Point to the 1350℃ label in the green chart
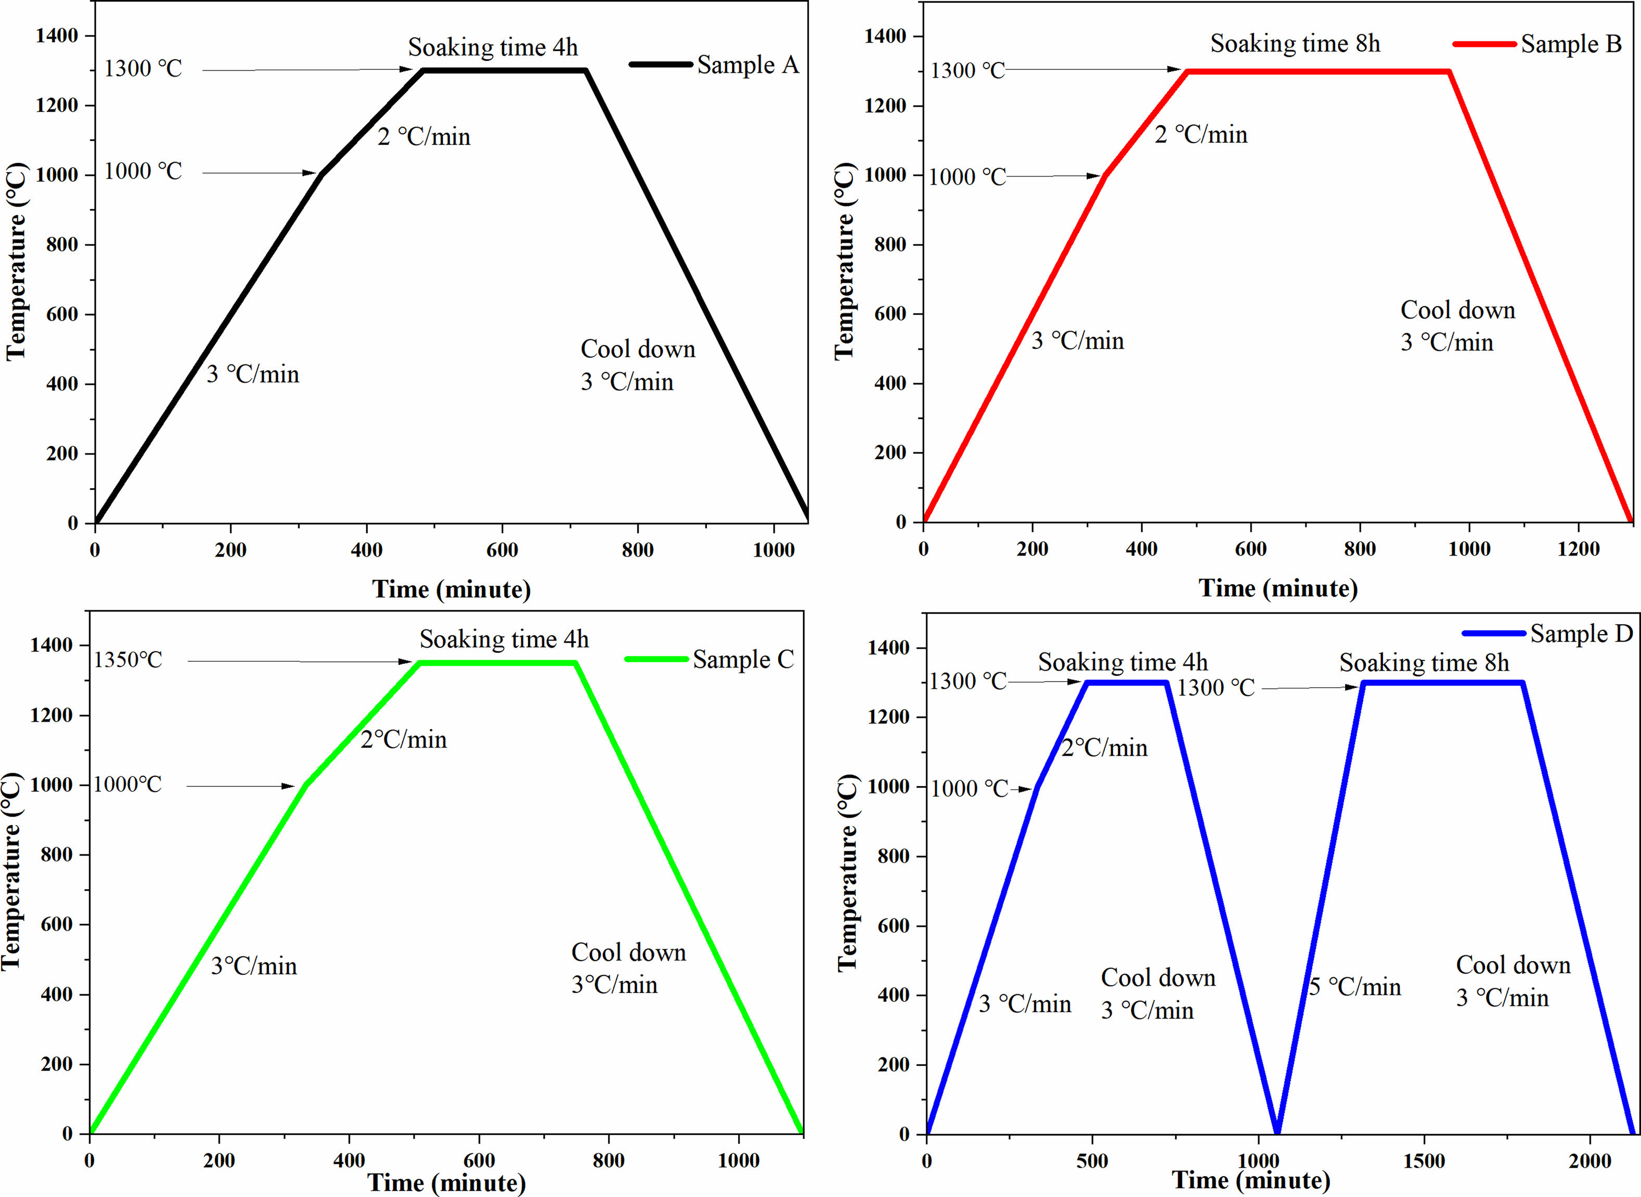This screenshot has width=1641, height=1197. coord(128,660)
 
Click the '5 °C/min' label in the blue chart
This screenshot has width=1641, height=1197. coord(1354,987)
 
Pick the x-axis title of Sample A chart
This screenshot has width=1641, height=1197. coord(452,589)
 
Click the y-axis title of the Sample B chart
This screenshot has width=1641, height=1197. coord(844,261)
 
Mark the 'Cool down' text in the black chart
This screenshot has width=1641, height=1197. coord(638,349)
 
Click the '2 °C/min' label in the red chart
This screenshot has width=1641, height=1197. coord(1200,135)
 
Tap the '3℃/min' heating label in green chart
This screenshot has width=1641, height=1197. coord(254,966)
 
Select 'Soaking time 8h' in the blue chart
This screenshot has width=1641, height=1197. coord(1424,663)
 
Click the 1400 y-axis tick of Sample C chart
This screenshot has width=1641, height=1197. coord(52,645)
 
